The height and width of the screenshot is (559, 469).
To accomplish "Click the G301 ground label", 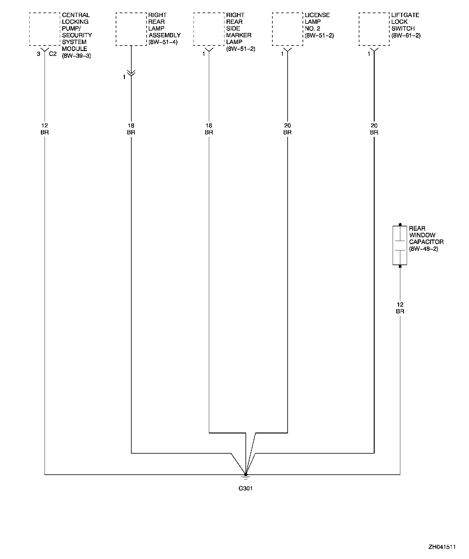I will click(x=245, y=488).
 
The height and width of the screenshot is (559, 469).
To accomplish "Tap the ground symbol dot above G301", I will click(x=246, y=474).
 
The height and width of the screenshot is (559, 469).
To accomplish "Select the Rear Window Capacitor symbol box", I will click(x=400, y=246).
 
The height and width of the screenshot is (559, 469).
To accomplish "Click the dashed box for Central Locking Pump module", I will click(x=45, y=29).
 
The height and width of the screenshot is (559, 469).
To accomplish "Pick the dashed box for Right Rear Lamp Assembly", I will click(x=131, y=29).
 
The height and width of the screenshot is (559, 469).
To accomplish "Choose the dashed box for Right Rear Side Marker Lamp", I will click(x=209, y=29).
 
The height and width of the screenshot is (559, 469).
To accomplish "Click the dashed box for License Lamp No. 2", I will click(x=287, y=29).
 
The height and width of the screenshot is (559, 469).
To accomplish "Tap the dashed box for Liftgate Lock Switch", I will click(x=374, y=29).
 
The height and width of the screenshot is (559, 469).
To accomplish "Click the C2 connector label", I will click(x=53, y=54).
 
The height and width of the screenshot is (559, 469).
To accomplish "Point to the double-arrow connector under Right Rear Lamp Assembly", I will click(x=131, y=73).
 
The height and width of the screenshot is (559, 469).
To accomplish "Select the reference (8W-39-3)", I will click(x=76, y=56).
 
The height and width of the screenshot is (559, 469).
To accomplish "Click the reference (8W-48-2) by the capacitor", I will click(x=424, y=249).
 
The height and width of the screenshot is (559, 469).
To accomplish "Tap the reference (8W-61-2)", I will click(x=406, y=35).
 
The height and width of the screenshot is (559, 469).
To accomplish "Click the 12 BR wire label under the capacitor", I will click(x=400, y=308).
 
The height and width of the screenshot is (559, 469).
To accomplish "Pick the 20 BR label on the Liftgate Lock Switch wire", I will click(x=374, y=129).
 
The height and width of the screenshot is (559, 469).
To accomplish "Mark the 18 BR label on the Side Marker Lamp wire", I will click(x=209, y=129).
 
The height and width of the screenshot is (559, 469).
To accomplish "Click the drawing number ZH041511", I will click(x=442, y=547).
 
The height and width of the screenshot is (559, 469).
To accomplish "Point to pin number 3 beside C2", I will click(x=38, y=54).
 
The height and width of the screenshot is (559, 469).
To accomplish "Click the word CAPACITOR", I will click(x=426, y=242).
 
